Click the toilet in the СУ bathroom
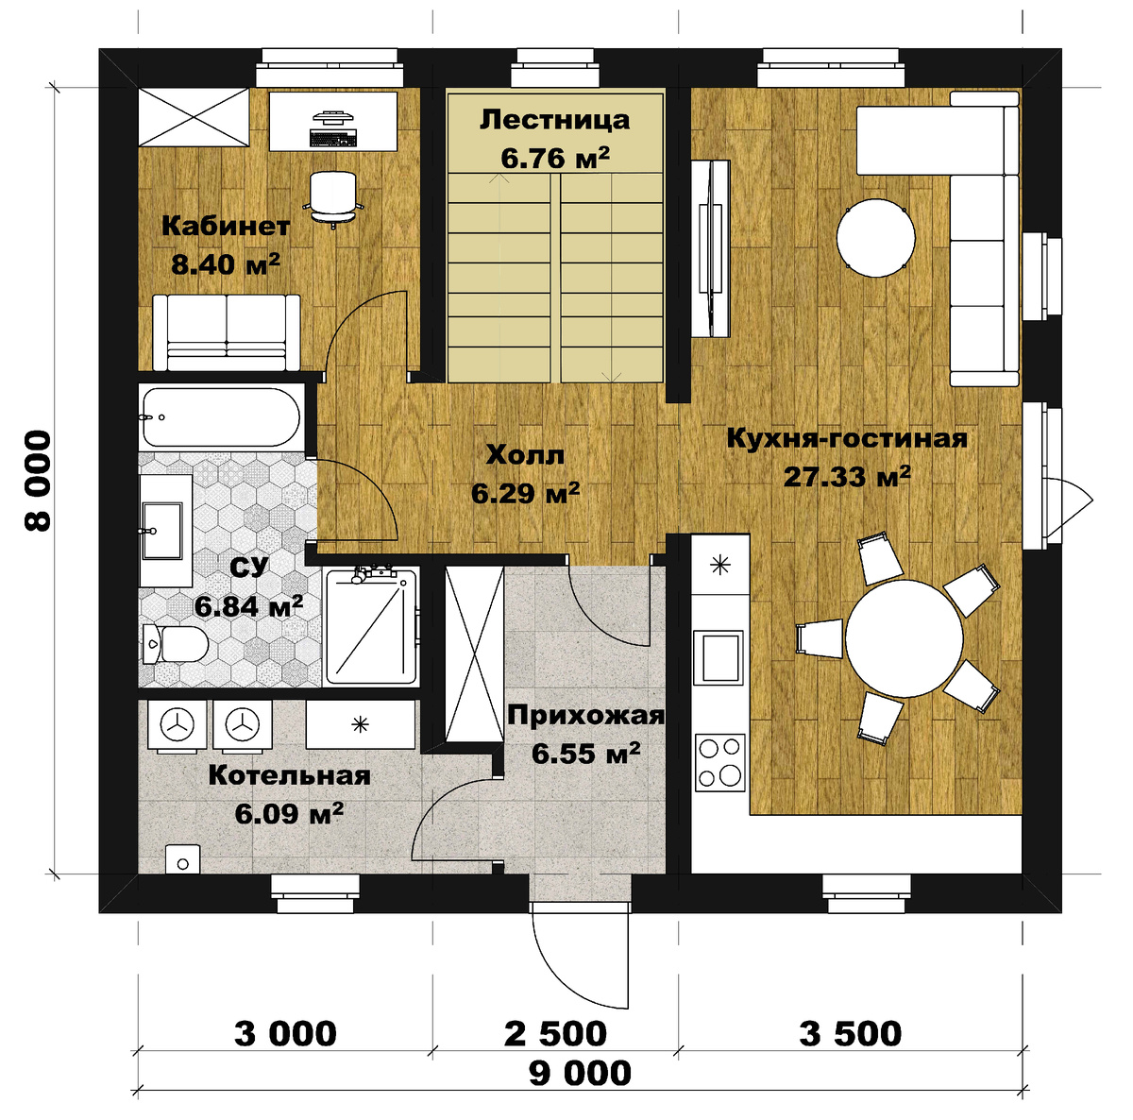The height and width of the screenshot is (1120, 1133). [x=175, y=643]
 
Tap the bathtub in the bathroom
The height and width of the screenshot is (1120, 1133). [x=222, y=416]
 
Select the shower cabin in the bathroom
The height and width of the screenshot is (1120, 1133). [x=372, y=626]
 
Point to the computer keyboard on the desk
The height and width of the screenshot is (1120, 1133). [x=332, y=137]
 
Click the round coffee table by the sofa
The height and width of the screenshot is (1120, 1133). [x=875, y=238]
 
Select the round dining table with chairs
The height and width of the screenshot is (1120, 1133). [x=905, y=638]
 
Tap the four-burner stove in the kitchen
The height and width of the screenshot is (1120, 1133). [x=720, y=762]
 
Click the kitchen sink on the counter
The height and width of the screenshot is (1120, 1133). [x=719, y=656]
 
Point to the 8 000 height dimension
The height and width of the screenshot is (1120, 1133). [x=39, y=481]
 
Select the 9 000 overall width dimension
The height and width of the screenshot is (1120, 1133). [x=580, y=1073]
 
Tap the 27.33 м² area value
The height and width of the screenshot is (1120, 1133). [x=847, y=476]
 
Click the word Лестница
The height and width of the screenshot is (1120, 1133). [x=554, y=120]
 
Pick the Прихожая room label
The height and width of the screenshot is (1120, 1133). [x=585, y=716]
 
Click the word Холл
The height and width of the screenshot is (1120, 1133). [x=526, y=455]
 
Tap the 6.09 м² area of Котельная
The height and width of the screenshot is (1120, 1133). [x=289, y=813]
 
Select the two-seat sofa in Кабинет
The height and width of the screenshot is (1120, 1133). [x=227, y=332]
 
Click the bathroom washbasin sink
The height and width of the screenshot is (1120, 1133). [x=162, y=531]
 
